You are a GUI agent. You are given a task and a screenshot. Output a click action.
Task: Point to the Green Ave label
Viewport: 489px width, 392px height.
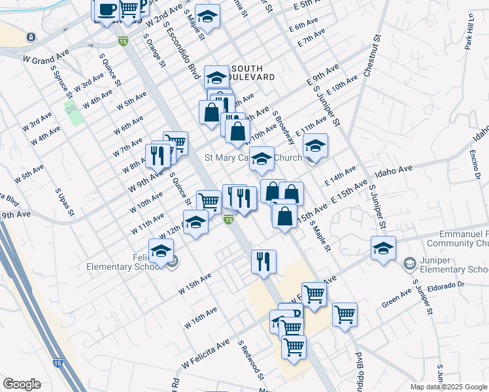[396, 302]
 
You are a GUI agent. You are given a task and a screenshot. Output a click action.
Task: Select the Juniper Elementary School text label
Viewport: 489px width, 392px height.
[454, 265]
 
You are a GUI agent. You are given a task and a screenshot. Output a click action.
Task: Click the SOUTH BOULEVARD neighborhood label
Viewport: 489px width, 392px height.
[248, 73]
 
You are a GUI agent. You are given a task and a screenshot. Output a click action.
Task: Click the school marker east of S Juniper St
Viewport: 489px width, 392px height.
[383, 248]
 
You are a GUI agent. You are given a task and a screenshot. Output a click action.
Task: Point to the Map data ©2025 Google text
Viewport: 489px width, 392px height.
[448, 387]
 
